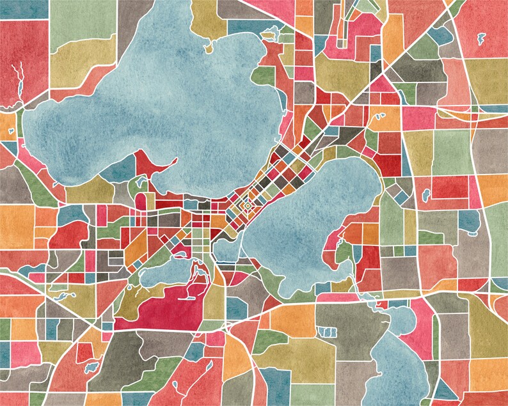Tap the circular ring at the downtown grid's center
(x=245, y=207)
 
